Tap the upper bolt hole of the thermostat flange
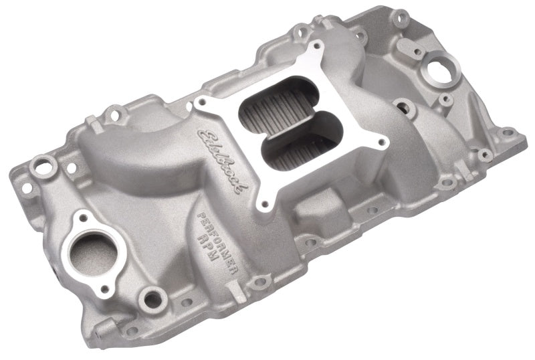point(82,217)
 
